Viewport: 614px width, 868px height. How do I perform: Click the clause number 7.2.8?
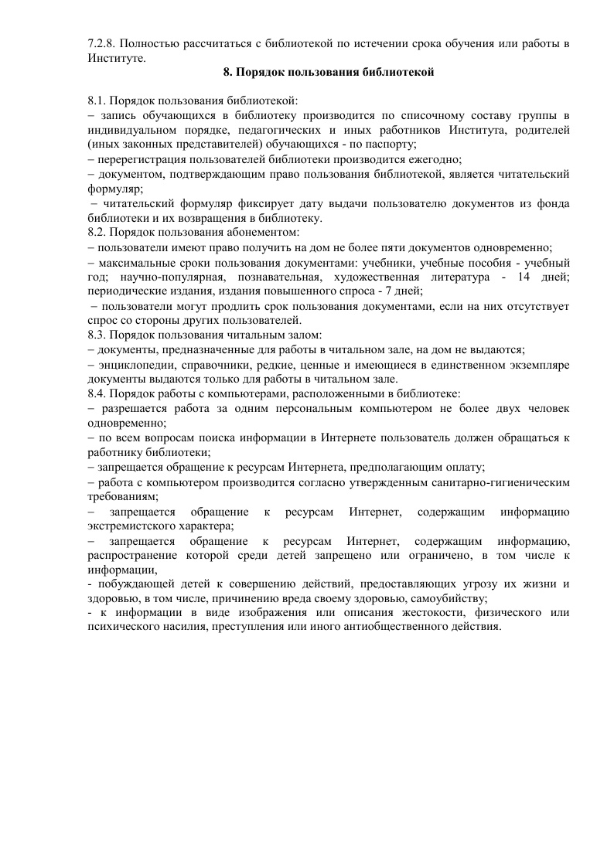click(102, 43)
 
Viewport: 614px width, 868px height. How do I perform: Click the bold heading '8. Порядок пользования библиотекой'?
click(329, 73)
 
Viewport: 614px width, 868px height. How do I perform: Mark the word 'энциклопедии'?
click(133, 364)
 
